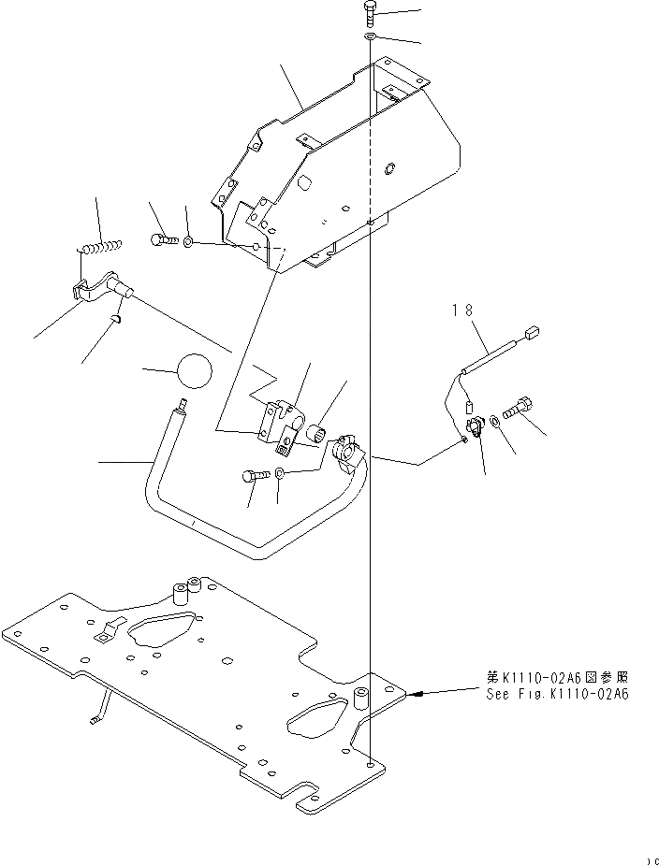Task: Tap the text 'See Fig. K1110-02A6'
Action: click(x=557, y=695)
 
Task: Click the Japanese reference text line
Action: click(x=557, y=678)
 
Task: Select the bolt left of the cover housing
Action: click(x=162, y=240)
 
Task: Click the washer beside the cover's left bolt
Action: click(x=189, y=242)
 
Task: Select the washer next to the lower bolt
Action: click(x=281, y=475)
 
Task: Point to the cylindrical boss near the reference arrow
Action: click(x=361, y=699)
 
